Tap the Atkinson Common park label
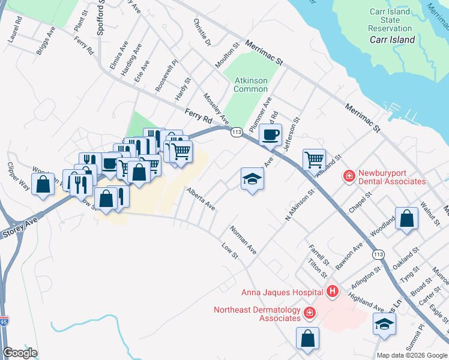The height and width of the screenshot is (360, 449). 250,85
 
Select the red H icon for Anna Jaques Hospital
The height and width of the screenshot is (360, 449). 333,292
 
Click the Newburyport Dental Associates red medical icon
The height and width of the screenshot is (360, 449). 348,176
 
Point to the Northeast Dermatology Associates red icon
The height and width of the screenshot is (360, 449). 309,313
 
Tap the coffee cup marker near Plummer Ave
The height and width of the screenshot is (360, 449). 270,134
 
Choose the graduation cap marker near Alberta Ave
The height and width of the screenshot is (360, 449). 252,178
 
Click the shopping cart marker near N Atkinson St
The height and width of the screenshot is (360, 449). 313,160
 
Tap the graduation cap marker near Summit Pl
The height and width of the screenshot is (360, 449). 384,325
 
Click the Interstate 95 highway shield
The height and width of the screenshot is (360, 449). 4,322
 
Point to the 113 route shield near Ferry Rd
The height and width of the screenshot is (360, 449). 236,131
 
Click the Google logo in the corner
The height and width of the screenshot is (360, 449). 20,353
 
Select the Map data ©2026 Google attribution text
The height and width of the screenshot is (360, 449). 412,355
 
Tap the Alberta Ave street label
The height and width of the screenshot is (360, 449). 200,199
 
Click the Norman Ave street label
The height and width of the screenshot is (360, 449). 243,240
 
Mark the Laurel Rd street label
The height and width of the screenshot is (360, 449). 15,29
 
